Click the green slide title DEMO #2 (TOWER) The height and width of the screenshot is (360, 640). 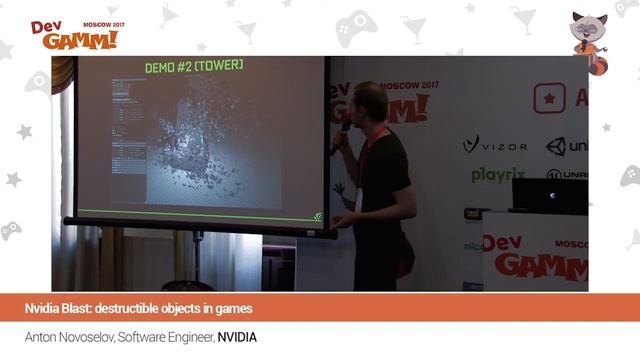coord(194,66)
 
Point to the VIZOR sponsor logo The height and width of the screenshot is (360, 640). coord(495,144)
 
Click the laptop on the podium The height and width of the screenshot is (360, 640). coord(549,195)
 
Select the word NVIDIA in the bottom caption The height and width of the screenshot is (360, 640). coord(237,338)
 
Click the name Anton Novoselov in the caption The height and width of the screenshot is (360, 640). coord(69,338)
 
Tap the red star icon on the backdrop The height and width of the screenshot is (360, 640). coord(549,98)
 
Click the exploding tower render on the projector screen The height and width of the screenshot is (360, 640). coord(196,140)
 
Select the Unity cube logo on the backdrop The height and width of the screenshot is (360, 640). coord(555,146)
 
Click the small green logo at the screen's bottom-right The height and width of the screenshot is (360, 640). coord(317,215)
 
